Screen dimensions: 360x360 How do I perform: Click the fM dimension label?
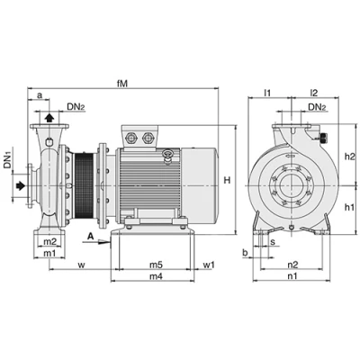[x=122, y=84]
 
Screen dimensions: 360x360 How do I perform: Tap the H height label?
[x=228, y=180]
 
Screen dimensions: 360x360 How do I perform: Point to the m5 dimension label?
[x=156, y=265]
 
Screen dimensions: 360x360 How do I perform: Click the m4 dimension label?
[x=156, y=276]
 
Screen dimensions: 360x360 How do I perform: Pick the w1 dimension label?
[x=209, y=265]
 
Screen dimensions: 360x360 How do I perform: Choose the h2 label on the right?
[x=350, y=157]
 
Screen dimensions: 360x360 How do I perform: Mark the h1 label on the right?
[x=349, y=207]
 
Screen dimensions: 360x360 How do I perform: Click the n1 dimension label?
[x=292, y=276]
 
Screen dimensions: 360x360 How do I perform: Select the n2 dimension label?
[x=292, y=265]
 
